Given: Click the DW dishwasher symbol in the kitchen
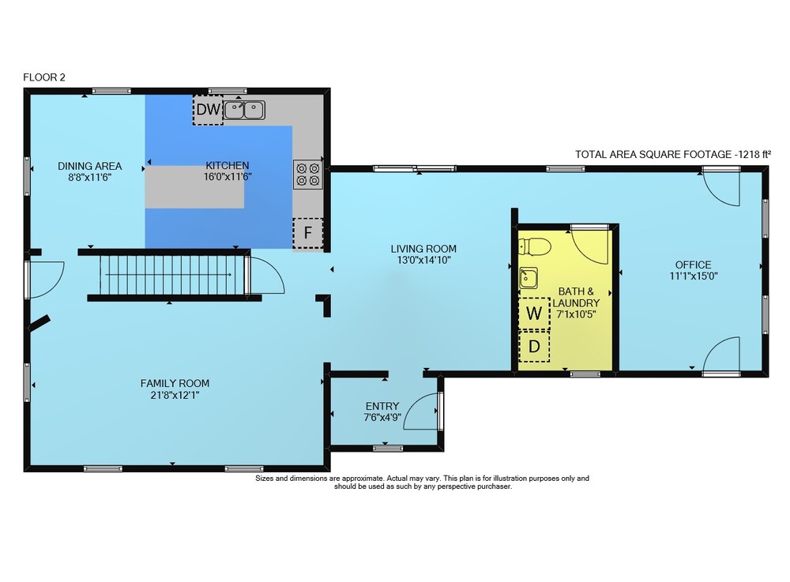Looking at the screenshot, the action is (x=208, y=110).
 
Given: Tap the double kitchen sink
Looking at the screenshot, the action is (x=244, y=110).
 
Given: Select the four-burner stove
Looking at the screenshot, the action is (x=308, y=175).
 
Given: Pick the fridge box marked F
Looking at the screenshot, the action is (x=308, y=233).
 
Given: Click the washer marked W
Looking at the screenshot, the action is (x=534, y=314).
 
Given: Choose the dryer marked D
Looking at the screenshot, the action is (x=534, y=347).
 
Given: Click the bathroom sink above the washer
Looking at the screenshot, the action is (x=529, y=278).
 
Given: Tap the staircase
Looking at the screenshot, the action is (x=172, y=274).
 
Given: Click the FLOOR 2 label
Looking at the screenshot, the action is (x=44, y=77).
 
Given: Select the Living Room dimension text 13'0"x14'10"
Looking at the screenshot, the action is (x=423, y=261).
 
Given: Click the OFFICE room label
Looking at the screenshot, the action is (x=694, y=265).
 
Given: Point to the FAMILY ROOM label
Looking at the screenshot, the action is (x=175, y=383).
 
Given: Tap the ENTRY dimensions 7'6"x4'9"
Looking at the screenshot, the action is (x=382, y=418).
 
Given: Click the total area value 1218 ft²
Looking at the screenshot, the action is (x=753, y=155).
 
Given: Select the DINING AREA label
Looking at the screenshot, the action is (x=90, y=166).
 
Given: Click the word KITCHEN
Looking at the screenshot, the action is (x=228, y=166).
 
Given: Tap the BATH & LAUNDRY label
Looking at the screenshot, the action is (x=576, y=297).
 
